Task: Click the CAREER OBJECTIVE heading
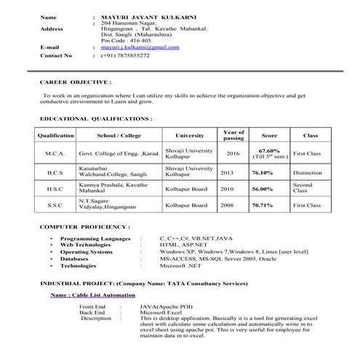(76, 83)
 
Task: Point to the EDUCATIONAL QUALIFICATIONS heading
(96, 117)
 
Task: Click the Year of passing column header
(233, 135)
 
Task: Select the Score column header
(269, 136)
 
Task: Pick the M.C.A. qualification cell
(55, 154)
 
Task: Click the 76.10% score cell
(263, 173)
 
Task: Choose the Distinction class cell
(308, 173)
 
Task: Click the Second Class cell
(303, 189)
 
